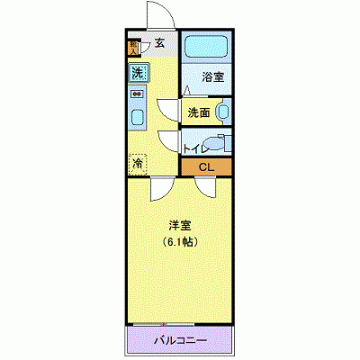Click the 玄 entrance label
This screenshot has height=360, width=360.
click(159, 41)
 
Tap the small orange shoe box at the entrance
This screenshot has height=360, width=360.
click(133, 47)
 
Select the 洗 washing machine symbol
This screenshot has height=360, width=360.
click(137, 72)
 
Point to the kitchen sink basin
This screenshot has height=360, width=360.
click(138, 115)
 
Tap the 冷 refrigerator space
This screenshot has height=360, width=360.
click(138, 164)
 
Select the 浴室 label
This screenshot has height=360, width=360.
click(212, 78)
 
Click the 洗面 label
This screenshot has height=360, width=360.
click(200, 112)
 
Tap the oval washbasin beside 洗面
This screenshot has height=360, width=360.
click(224, 113)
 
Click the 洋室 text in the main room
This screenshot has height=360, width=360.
click(180, 225)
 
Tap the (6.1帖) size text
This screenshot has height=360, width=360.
click(180, 242)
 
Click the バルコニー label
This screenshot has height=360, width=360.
click(180, 341)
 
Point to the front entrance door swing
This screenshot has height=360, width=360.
click(158, 15)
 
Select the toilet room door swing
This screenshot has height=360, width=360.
click(169, 142)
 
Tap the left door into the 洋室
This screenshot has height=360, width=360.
click(160, 187)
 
